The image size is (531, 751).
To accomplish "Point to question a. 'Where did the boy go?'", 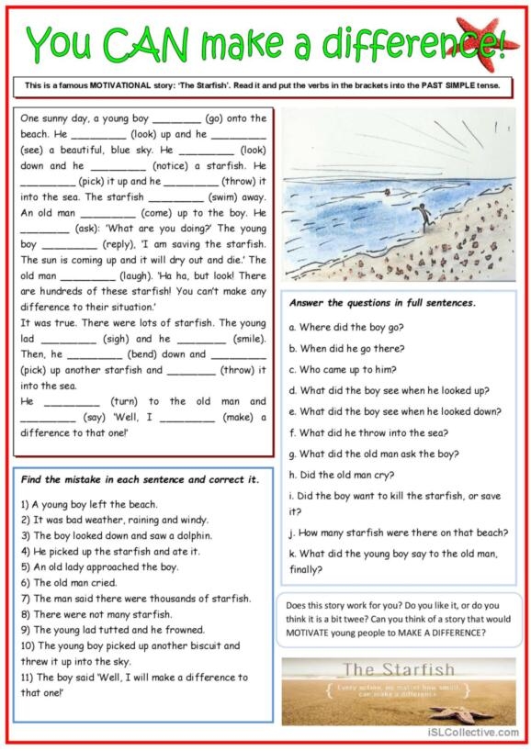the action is (x=346, y=327).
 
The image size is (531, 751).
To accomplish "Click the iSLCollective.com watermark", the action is (x=472, y=732).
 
